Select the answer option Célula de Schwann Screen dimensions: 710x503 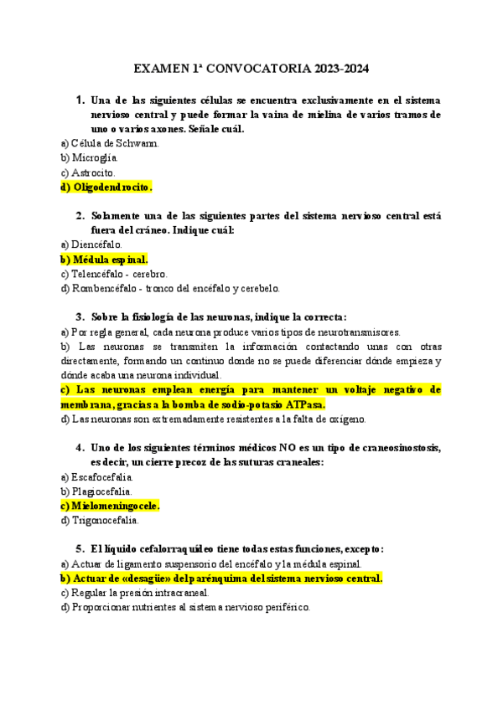[x=110, y=143]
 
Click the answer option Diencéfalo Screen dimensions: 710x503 [x=91, y=244]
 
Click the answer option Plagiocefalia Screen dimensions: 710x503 [x=96, y=491]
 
